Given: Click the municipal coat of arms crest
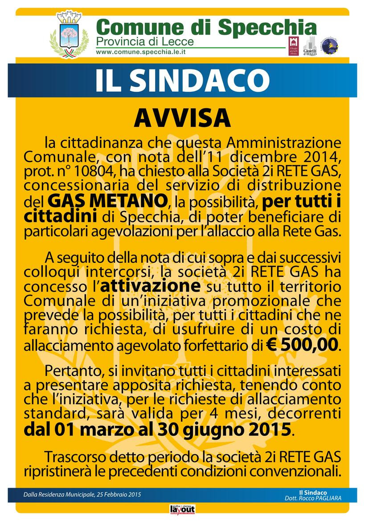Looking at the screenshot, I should click(x=69, y=35).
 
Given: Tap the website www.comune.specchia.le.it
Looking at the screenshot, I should click(x=141, y=52).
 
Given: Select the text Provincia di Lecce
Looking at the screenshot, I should click(x=145, y=42).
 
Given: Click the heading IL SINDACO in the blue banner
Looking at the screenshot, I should click(x=182, y=80).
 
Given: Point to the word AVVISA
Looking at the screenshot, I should click(x=182, y=118).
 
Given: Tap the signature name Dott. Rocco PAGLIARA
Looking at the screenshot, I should click(x=313, y=498).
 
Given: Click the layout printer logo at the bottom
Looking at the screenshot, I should click(x=182, y=509).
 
